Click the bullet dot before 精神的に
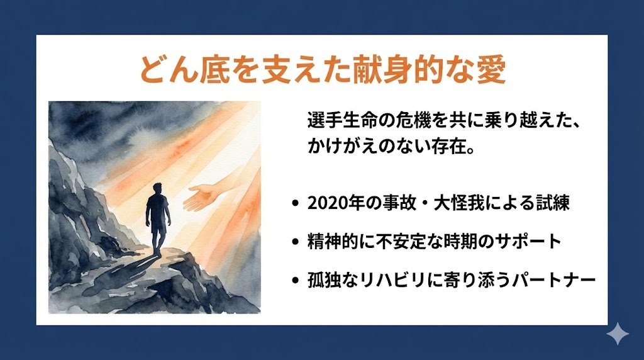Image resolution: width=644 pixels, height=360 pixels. click(296, 242)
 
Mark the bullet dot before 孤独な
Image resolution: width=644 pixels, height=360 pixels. click(296, 281)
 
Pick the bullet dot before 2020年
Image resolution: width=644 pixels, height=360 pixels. click(296, 205)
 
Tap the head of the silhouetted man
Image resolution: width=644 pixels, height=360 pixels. click(158, 188)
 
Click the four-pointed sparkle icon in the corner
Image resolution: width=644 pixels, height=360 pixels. click(618, 334)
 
